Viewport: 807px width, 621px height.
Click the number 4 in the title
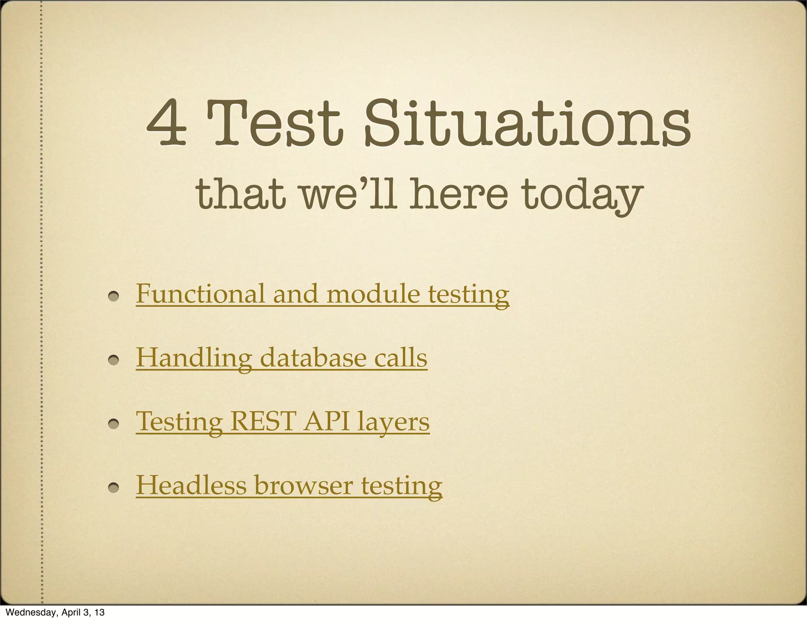[x=166, y=123]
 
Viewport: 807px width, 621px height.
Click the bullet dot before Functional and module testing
[x=114, y=297]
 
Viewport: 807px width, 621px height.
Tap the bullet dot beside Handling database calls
[x=114, y=361]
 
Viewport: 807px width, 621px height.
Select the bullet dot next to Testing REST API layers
[x=114, y=424]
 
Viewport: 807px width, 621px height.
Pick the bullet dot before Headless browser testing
[x=114, y=488]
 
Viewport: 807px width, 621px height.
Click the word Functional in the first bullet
[x=201, y=294]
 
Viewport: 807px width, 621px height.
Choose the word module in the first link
[x=373, y=294]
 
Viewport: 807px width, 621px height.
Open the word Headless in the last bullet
[x=191, y=485]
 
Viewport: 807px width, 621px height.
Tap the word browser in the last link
[x=303, y=485]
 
